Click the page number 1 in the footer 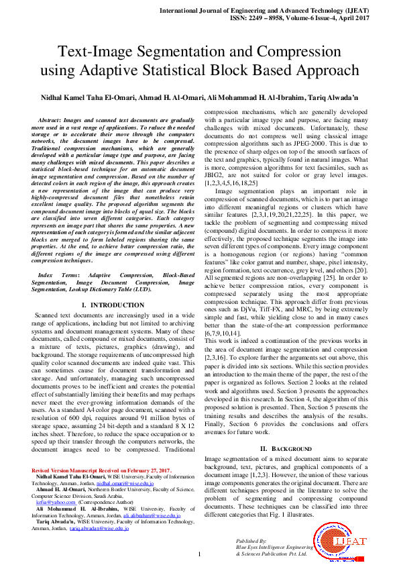[x=199, y=554]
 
